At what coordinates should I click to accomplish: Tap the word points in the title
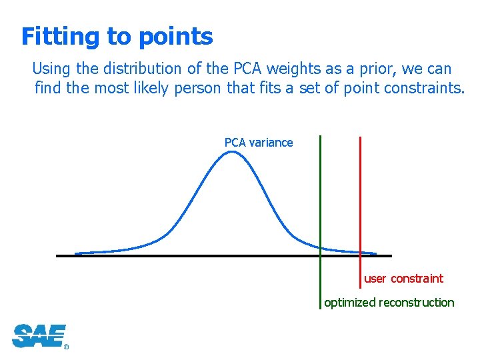[x=175, y=37]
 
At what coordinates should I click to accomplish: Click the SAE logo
[x=39, y=335]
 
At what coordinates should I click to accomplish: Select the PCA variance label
[x=259, y=143]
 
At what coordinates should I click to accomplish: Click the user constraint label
[x=403, y=279]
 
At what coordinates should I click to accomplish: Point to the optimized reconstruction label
[x=389, y=303]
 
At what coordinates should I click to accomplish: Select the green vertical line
[x=320, y=200]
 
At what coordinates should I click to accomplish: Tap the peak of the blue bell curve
[x=231, y=152]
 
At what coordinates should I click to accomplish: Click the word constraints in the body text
[x=423, y=87]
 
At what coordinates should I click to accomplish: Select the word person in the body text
[x=198, y=87]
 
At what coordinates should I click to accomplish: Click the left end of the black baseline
[x=58, y=255]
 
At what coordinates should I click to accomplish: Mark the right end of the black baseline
[x=391, y=255]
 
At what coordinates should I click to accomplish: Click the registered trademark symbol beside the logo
[x=66, y=347]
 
